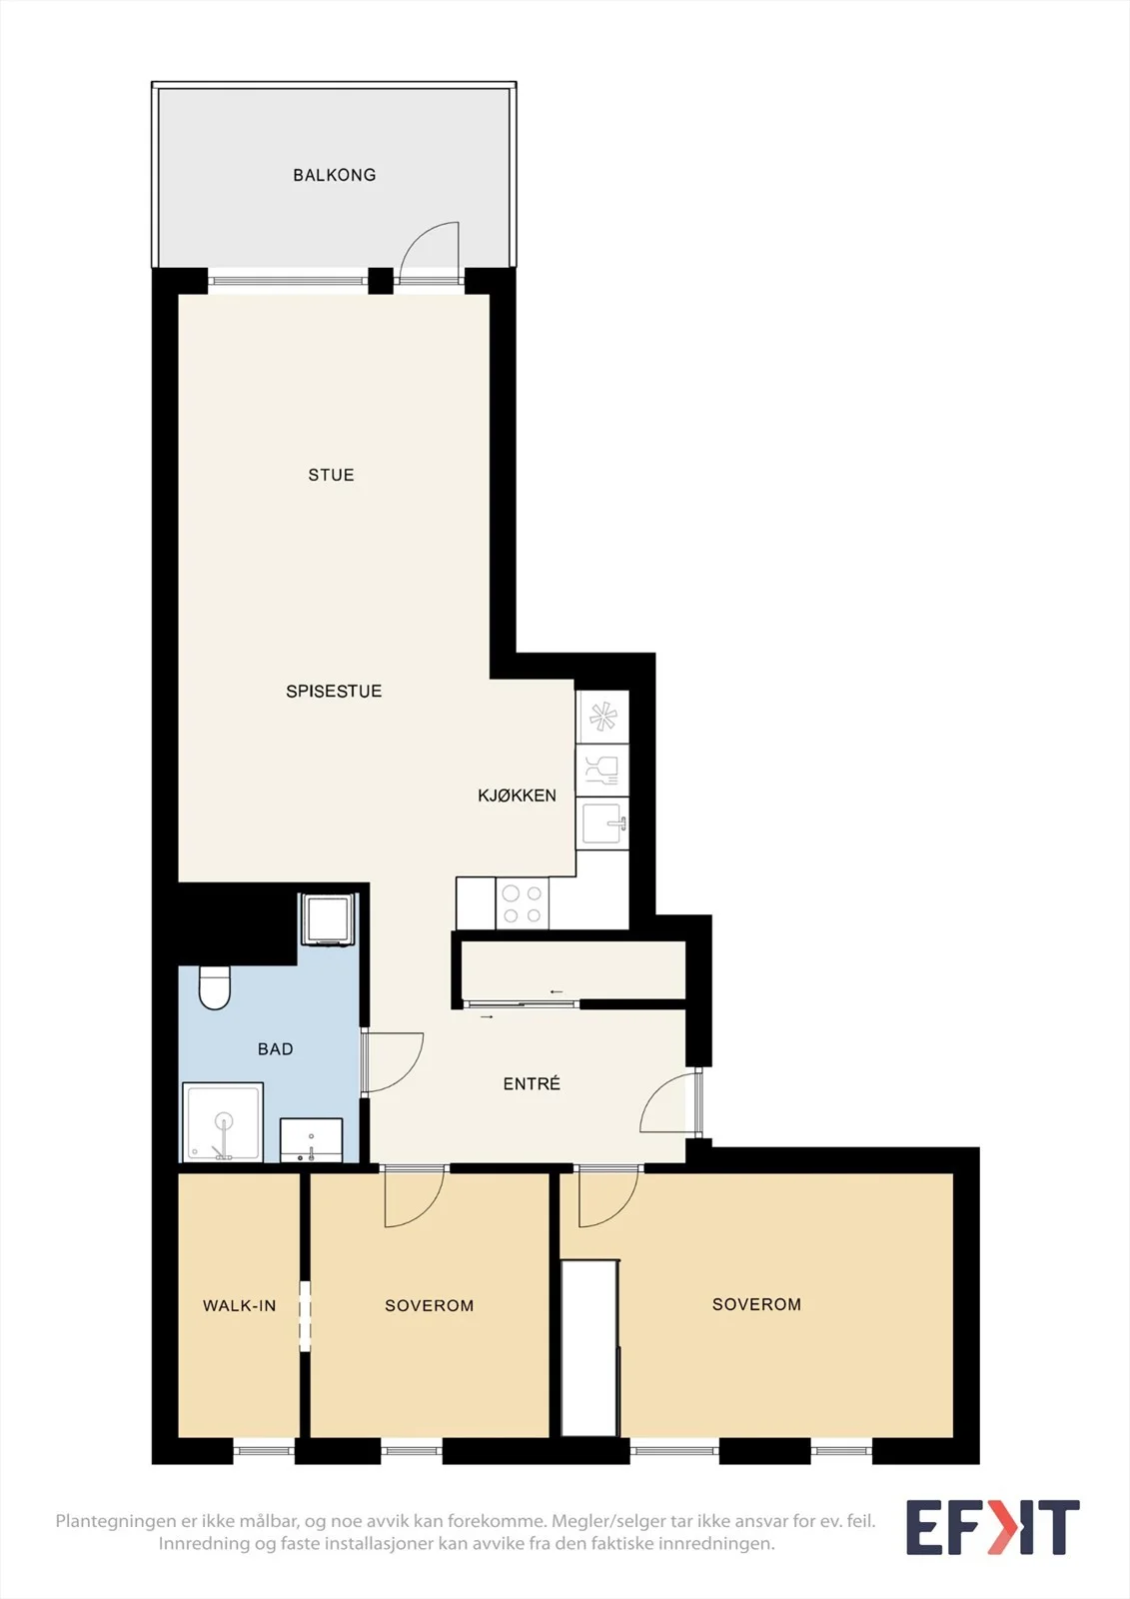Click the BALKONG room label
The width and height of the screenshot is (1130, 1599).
pyautogui.click(x=334, y=175)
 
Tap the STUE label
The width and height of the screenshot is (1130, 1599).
pyautogui.click(x=332, y=475)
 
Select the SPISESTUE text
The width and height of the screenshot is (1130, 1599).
pyautogui.click(x=334, y=691)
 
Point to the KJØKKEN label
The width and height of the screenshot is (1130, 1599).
pyautogui.click(x=517, y=796)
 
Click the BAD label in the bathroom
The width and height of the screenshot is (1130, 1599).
pyautogui.click(x=276, y=1048)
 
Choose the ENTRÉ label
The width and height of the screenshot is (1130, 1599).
pyautogui.click(x=532, y=1083)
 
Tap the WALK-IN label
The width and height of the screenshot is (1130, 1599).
pyautogui.click(x=239, y=1305)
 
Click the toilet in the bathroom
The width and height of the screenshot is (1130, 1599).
pyautogui.click(x=214, y=988)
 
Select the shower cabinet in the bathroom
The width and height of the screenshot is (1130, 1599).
pyautogui.click(x=224, y=1121)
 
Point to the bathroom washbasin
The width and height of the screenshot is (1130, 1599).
pyautogui.click(x=312, y=1139)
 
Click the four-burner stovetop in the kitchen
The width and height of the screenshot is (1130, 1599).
pyautogui.click(x=523, y=903)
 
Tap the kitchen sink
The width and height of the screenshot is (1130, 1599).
pyautogui.click(x=603, y=823)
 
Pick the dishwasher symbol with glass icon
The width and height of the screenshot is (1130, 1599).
pyautogui.click(x=603, y=771)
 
